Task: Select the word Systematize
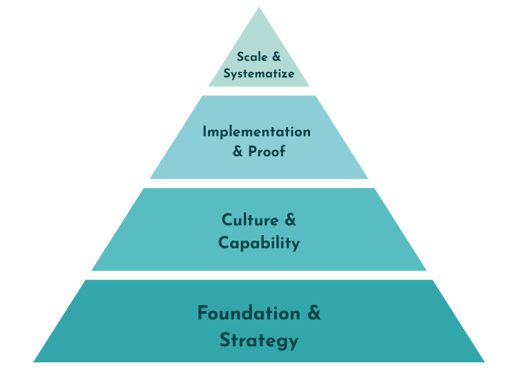259,73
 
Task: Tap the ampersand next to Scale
276,57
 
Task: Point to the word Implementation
256,132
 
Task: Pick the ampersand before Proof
238,151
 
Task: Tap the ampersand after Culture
289,221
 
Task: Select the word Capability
259,243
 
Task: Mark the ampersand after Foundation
314,313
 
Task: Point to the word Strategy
259,340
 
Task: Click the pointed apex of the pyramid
259,9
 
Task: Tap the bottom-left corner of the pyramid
35,362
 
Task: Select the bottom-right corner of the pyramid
483,362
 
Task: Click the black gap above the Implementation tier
259,91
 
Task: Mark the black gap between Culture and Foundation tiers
259,275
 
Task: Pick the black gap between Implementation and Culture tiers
259,184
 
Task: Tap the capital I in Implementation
205,131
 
